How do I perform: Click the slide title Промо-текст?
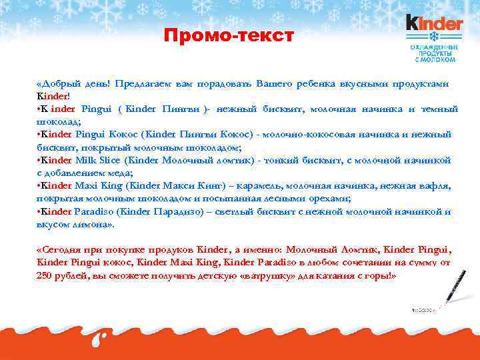click(x=229, y=35)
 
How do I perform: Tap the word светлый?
click(x=239, y=212)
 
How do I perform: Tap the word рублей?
click(x=72, y=275)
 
